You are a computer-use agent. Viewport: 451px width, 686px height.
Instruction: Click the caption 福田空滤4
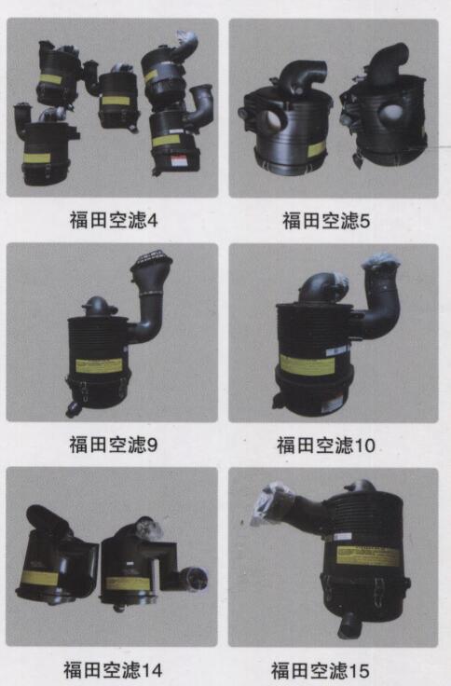[x=114, y=220]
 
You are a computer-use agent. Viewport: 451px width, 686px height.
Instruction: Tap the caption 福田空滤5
[x=326, y=221]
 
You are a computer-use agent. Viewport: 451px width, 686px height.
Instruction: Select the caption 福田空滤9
[x=114, y=444]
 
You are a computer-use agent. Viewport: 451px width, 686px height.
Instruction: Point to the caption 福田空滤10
[x=326, y=446]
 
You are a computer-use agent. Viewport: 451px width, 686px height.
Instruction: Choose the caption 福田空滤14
[x=113, y=670]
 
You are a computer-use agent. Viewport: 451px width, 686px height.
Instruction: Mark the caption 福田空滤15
[x=321, y=671]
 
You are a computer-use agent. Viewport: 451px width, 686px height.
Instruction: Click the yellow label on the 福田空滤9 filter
[x=99, y=365]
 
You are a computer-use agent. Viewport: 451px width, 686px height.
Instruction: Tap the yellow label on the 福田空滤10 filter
[x=307, y=364]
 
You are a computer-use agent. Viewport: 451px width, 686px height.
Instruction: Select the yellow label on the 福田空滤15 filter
[x=368, y=556]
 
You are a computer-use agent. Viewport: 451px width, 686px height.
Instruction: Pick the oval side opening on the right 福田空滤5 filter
[x=390, y=113]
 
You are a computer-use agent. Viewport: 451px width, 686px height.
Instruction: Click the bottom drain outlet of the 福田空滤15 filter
[x=347, y=624]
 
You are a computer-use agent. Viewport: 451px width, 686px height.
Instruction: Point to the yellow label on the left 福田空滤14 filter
[x=39, y=578]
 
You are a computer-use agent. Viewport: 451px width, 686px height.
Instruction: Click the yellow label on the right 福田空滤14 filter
[x=129, y=583]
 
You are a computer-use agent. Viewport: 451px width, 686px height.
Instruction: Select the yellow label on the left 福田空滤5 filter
[x=317, y=149]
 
